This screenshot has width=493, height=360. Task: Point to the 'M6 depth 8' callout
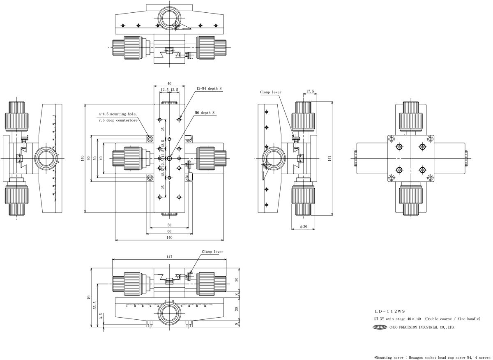click(x=205, y=113)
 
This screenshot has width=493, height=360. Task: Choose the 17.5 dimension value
click(x=310, y=91)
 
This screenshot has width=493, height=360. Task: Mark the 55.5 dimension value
click(x=95, y=305)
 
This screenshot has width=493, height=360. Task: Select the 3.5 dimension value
click(x=101, y=317)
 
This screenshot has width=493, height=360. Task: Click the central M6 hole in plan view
click(x=169, y=158)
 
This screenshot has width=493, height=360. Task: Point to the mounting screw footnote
click(x=432, y=358)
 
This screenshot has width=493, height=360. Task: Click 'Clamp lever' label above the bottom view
click(x=212, y=252)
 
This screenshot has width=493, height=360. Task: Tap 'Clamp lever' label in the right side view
click(x=270, y=92)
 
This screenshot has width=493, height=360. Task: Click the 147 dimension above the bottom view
click(x=169, y=256)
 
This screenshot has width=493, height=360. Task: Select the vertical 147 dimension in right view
click(x=329, y=157)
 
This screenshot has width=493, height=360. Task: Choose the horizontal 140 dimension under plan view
click(x=169, y=238)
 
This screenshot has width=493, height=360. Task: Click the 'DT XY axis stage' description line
click(x=427, y=319)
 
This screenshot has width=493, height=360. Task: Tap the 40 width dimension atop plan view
click(x=169, y=83)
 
